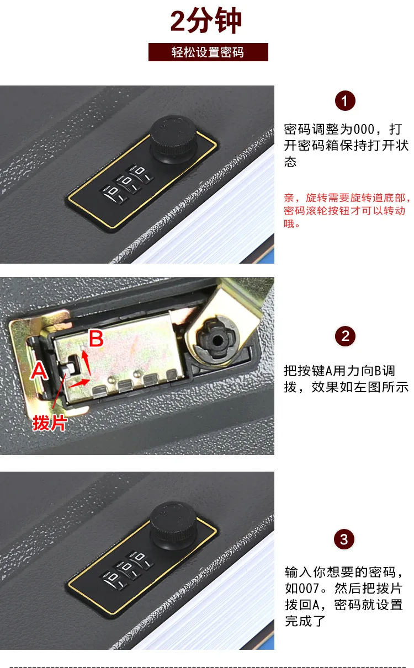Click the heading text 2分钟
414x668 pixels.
point(206,21)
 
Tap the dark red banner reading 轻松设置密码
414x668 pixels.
point(208,52)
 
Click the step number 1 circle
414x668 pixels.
point(345,101)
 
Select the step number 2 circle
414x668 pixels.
point(345,336)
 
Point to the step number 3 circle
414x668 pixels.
point(344,539)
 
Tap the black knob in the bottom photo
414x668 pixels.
point(173,526)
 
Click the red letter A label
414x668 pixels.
point(39,371)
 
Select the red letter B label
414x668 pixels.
point(96,339)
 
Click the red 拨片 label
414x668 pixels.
point(50,423)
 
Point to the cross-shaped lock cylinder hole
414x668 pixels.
point(218,339)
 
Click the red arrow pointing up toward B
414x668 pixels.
point(87,362)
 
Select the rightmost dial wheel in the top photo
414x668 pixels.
point(141,174)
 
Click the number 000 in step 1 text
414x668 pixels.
point(364,129)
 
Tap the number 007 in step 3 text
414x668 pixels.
point(310,589)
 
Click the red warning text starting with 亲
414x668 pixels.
point(347,210)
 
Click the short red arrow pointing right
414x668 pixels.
point(79,383)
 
